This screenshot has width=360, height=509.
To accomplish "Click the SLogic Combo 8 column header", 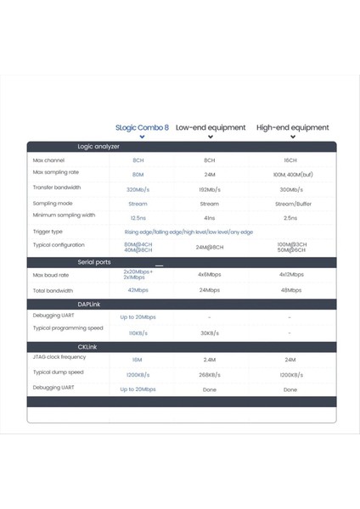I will coord(142,127).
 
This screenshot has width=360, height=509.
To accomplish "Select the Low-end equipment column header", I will coord(210,127).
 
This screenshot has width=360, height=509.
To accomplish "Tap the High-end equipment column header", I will coord(292,127).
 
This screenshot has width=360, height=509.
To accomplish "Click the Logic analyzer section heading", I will coord(98,146).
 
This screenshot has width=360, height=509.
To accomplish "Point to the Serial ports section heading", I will coord(94,262).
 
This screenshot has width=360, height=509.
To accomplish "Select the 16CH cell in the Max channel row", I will coord(290,159).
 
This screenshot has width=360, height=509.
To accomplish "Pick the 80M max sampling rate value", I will coord(138,173).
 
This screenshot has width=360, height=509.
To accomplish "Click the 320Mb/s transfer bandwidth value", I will coord(138,189).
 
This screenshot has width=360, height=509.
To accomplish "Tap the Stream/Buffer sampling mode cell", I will coord(290,204).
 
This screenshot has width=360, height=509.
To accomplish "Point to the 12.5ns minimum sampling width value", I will coord(138,217).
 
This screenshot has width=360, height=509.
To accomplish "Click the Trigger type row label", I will coord(48,231).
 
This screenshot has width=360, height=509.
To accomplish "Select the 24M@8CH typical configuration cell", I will coord(209,247).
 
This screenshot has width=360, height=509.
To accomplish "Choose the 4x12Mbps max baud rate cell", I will coord(290,275).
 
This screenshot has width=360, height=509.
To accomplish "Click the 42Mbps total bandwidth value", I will coord(138,289).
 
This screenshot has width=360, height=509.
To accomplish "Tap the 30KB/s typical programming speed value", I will coord(209,333).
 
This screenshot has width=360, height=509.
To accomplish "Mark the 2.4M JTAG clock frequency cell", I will coord(209,360).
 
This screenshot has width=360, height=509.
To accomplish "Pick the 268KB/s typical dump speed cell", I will coord(209,374).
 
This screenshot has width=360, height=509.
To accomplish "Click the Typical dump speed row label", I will coord(58,372).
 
